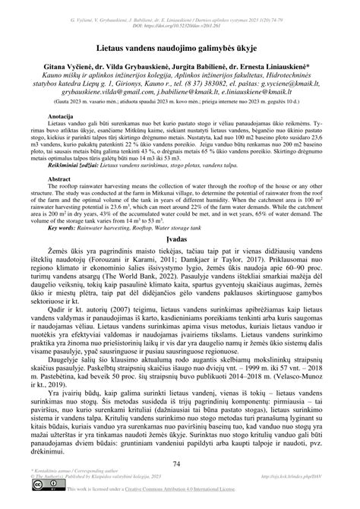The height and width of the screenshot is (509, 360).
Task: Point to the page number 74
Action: (180, 463)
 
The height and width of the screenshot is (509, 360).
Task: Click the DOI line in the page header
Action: (180, 15)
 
